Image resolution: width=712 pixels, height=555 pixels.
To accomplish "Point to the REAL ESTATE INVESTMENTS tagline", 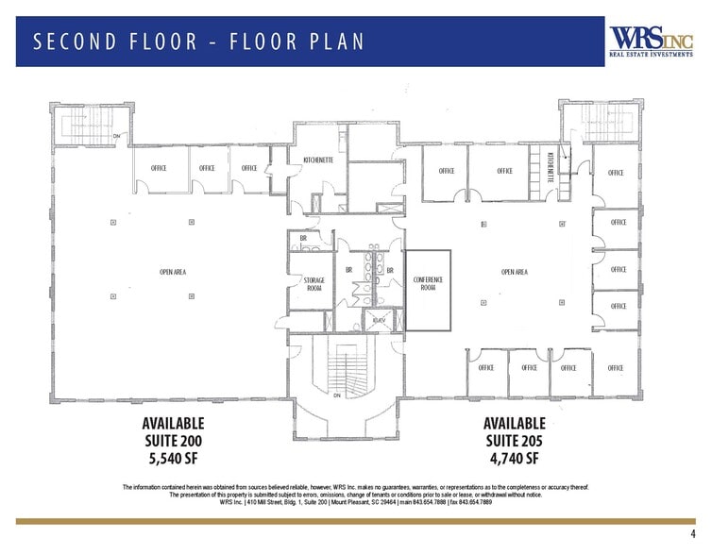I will (x=648, y=56).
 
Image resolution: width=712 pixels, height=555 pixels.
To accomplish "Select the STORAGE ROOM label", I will (x=314, y=285).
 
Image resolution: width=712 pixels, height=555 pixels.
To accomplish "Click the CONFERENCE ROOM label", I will (x=428, y=283).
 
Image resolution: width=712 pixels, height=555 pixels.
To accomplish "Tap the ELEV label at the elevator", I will (x=379, y=321).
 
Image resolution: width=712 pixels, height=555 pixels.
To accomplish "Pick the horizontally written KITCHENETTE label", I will (x=317, y=160).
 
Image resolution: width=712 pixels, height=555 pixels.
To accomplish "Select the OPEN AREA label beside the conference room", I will (x=514, y=272).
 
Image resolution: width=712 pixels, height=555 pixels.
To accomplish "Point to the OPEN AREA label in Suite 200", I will (x=173, y=272).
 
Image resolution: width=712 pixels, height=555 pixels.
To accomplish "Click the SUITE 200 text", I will (x=173, y=441).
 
